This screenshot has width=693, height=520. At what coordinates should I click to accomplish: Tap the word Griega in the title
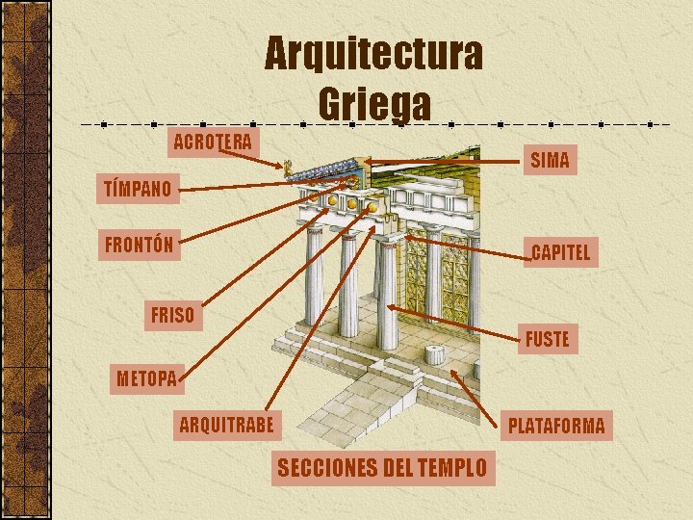coord(374,103)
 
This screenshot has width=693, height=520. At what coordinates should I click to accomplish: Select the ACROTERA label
coord(213,142)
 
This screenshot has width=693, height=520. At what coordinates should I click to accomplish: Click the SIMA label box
coord(550,160)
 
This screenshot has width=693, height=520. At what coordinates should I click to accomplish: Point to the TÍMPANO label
coord(137,187)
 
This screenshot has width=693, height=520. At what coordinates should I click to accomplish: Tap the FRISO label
coord(172,315)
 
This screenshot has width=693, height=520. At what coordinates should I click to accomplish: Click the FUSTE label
coord(548,339)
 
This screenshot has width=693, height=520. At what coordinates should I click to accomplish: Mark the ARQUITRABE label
coord(226,424)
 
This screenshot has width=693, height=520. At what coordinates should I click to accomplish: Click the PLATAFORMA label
coord(556,425)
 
